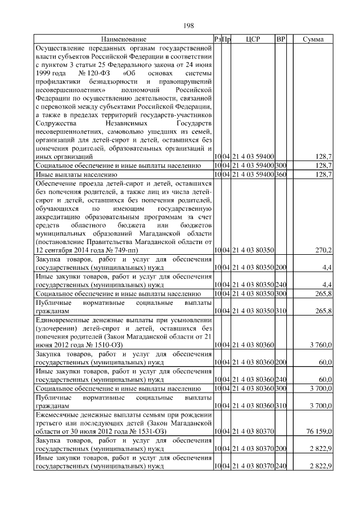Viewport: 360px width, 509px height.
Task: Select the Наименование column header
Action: point(124,39)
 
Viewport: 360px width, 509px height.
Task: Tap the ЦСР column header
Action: point(251,39)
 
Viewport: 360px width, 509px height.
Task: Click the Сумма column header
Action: point(313,39)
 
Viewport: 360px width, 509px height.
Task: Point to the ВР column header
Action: point(281,39)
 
